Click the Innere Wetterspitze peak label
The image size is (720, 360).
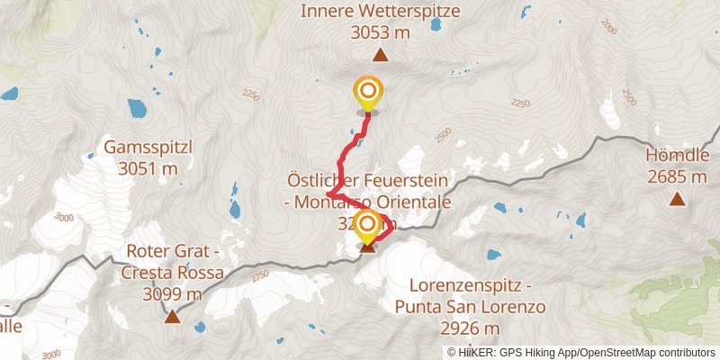pos(381,12)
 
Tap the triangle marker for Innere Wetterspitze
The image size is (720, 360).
pos(381,56)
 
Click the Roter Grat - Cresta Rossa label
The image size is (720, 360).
pos(172,274)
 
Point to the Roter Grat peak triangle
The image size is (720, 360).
pos(172,315)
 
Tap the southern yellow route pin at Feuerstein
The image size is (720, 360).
pos(367,225)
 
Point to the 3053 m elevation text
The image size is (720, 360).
pos(381,32)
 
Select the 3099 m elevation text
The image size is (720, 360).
pos(172,294)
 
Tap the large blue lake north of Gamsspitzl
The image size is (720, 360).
pos(139,110)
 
